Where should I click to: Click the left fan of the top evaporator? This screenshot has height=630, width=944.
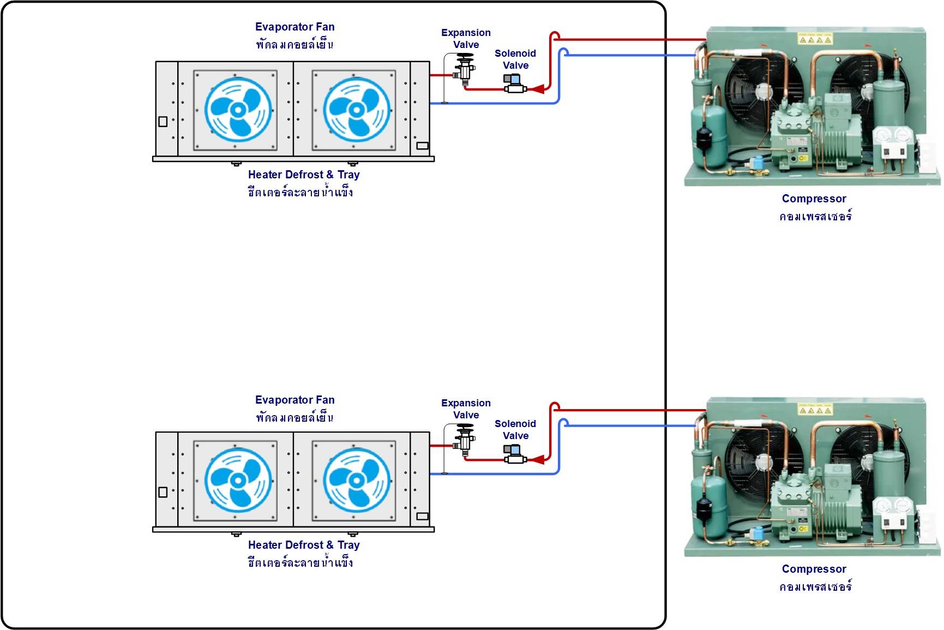click(x=238, y=110)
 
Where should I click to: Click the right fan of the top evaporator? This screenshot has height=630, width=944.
click(x=357, y=110)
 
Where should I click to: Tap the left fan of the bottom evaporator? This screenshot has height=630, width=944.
click(x=238, y=481)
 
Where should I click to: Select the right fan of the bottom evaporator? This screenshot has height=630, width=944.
click(x=357, y=481)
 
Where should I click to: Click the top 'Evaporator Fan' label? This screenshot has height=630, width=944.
click(x=295, y=27)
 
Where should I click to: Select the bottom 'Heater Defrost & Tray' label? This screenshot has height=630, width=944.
click(x=304, y=545)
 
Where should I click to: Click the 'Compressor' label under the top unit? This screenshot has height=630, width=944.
click(x=814, y=199)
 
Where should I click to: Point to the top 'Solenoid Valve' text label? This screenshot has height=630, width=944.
click(x=515, y=59)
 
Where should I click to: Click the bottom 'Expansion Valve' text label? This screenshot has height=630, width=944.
click(x=466, y=409)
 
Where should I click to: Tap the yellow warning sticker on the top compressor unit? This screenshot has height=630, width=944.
click(x=815, y=38)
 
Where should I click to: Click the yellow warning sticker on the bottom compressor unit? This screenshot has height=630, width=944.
click(x=815, y=409)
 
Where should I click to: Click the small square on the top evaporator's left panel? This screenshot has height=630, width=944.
click(x=163, y=122)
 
